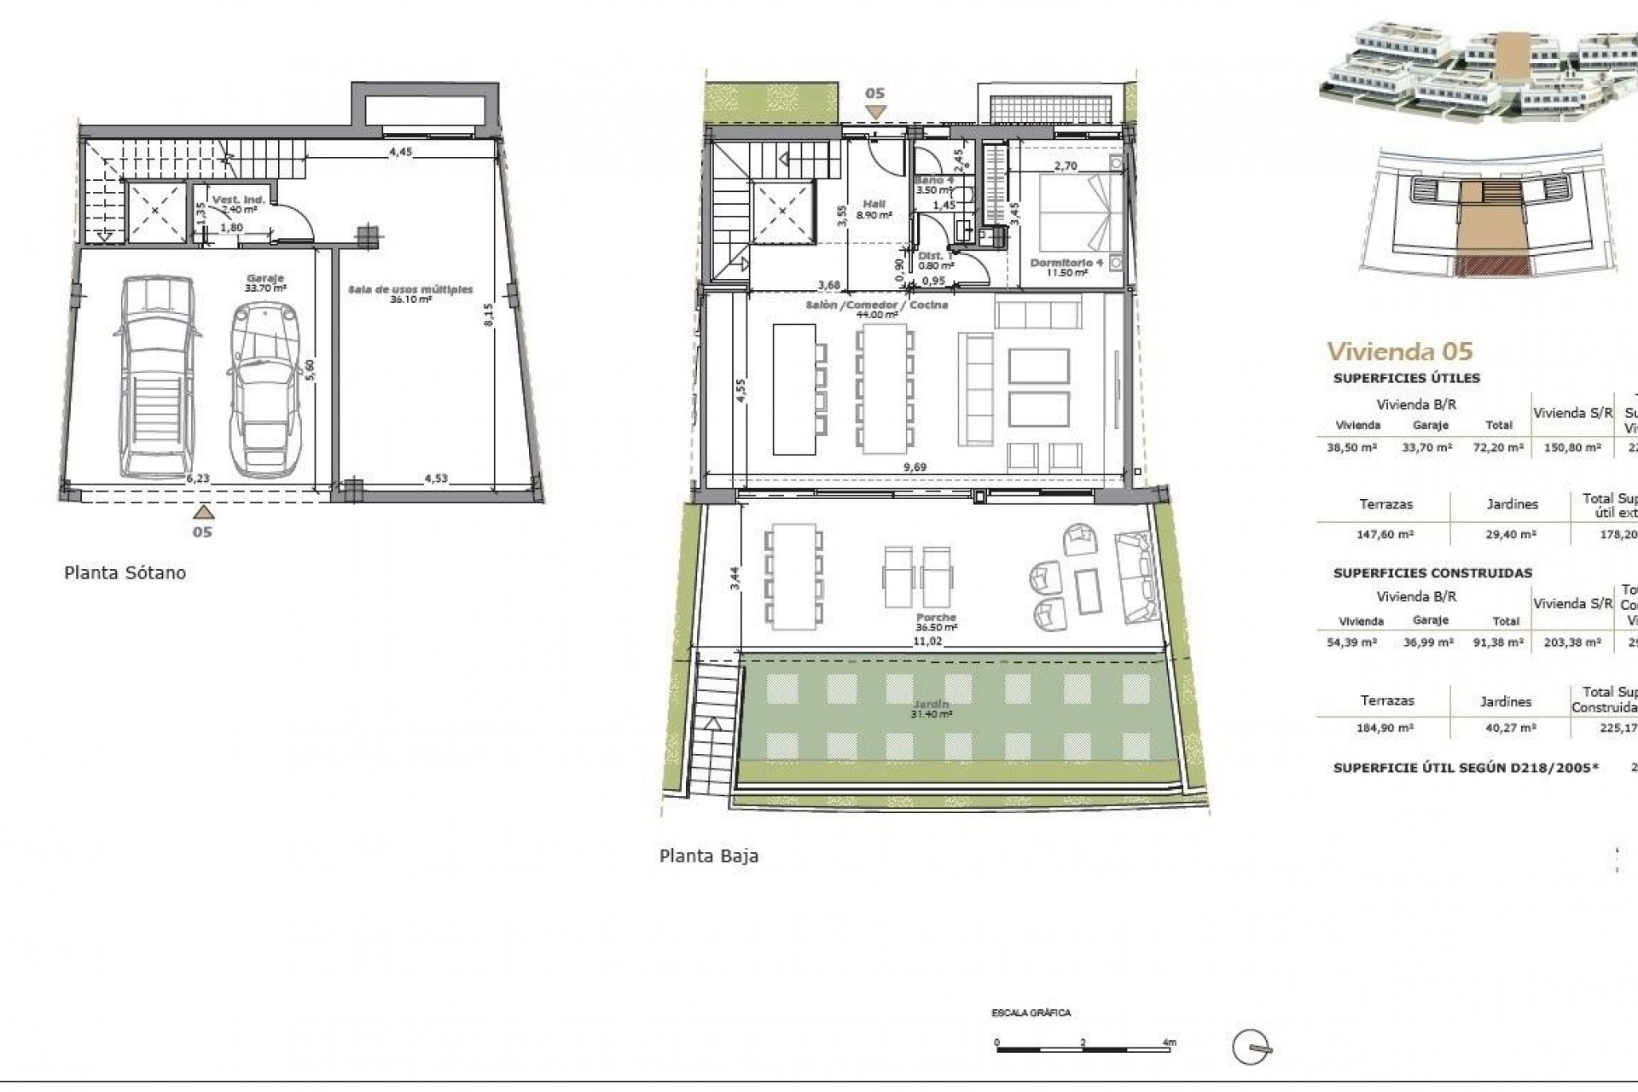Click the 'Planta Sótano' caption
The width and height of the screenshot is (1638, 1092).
125,572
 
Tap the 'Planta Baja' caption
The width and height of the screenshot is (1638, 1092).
708,856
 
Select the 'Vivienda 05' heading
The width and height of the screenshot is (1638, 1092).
1399,351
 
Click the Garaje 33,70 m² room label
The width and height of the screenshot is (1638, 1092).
265,283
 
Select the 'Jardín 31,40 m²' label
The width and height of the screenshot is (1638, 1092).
932,709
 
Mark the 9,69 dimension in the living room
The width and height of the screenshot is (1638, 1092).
915,467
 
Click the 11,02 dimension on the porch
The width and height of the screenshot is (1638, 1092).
927,641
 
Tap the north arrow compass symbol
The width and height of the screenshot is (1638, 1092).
1252,1048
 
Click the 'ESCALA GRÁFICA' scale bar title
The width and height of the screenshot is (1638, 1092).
1031,1013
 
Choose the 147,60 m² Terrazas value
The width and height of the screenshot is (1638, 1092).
1385,534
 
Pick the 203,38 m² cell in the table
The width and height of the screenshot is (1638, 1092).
1573,642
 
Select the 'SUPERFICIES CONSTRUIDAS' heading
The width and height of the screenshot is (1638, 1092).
1432,572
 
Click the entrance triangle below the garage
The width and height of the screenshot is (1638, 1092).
202,512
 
